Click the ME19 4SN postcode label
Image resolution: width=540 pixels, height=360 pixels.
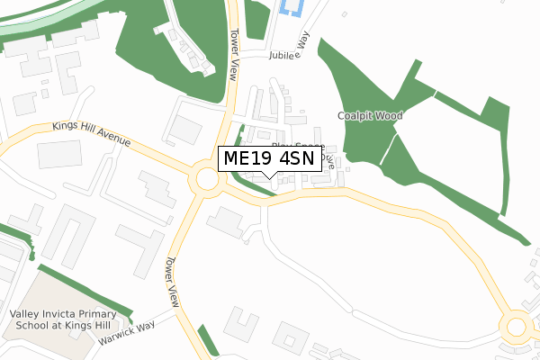269,158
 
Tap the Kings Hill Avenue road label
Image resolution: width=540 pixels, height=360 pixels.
92,135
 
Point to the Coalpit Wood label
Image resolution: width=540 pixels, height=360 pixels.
370,116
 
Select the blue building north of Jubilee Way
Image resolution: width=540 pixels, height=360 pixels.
292,8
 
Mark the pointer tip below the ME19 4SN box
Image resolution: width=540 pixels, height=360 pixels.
269,176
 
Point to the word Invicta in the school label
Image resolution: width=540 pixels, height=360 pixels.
60,313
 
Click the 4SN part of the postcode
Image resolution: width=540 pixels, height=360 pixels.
296,158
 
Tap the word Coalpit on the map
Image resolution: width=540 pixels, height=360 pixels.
355,116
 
